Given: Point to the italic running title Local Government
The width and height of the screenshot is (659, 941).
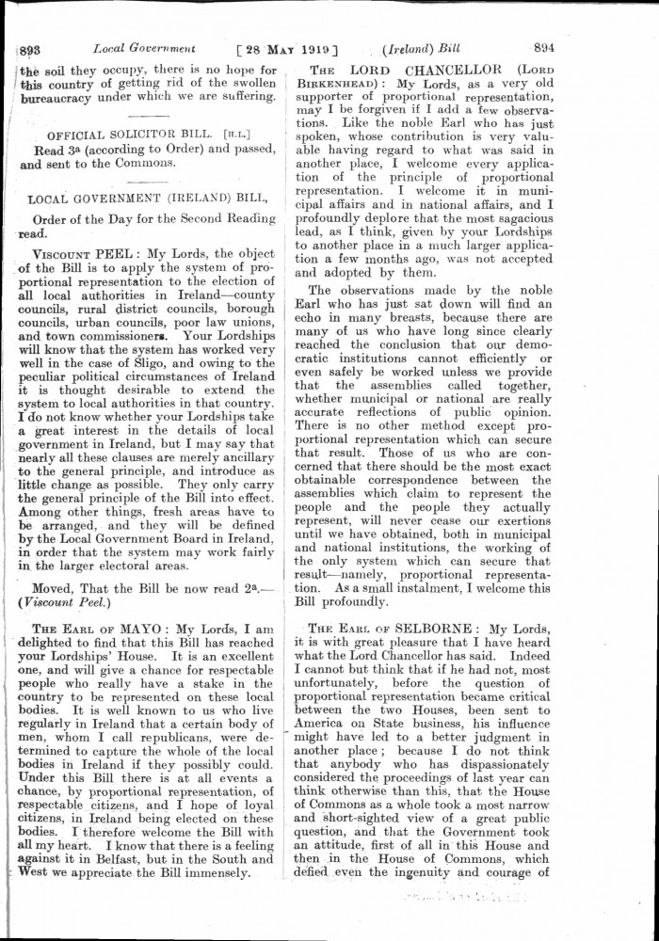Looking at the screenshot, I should point(144,48).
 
